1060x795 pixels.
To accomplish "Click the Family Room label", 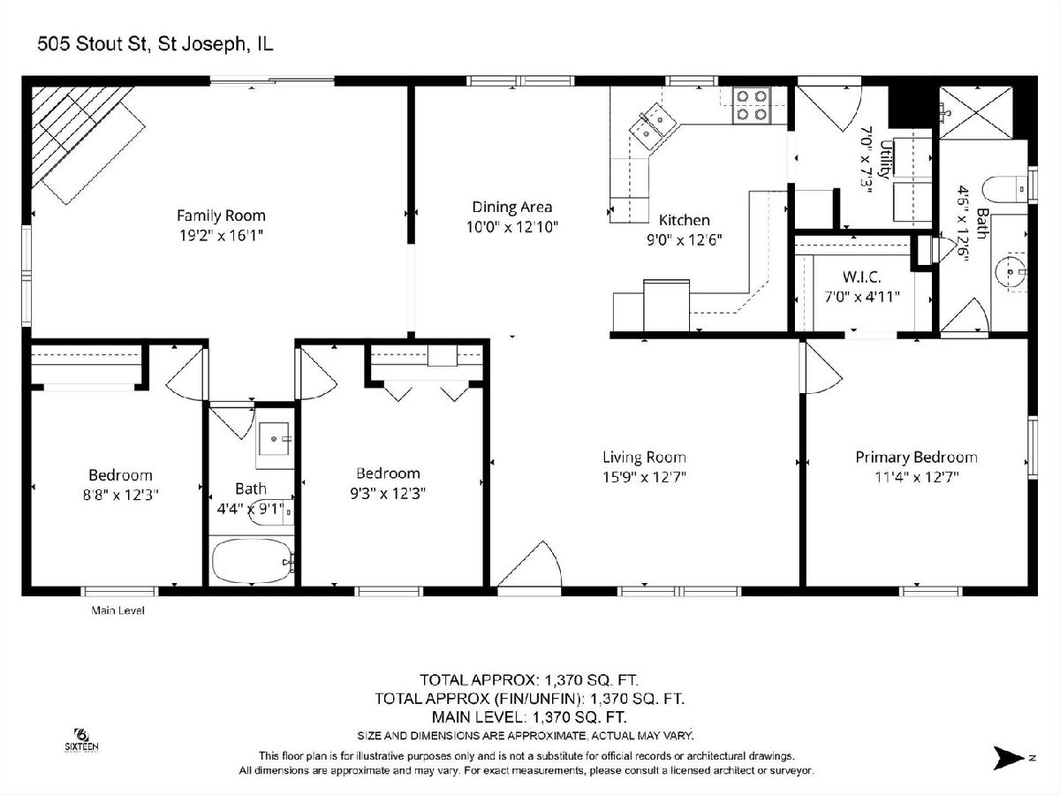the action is click(x=221, y=216).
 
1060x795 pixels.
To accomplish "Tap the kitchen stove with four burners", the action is click(x=752, y=105).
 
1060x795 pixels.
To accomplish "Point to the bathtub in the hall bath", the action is click(x=253, y=561).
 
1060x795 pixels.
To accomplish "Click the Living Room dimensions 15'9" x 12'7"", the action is click(x=644, y=477).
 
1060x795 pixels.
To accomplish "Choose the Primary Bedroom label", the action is click(x=916, y=457).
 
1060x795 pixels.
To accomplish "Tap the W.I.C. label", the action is click(x=861, y=276).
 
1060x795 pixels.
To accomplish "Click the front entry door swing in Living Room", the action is click(x=530, y=564).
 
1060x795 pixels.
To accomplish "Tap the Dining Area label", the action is click(x=511, y=207).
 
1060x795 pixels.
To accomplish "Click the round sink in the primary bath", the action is click(x=1011, y=272).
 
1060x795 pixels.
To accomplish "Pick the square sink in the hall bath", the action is click(x=274, y=439).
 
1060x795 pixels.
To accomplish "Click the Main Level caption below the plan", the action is click(x=117, y=610).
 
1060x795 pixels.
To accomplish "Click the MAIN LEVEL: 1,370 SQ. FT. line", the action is click(x=529, y=716).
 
